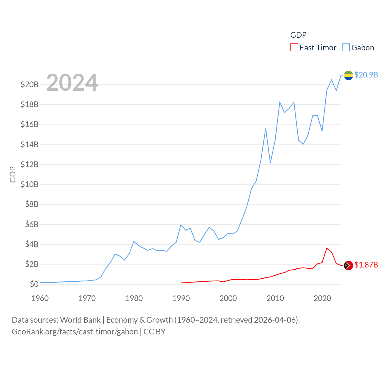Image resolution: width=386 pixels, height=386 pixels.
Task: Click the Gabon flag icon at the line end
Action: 348,75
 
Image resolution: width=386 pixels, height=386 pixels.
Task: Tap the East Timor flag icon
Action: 348,265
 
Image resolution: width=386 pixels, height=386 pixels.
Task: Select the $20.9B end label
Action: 366,75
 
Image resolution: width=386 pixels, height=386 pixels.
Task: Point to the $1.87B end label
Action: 366,265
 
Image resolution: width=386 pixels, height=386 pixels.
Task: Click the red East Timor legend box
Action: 294,48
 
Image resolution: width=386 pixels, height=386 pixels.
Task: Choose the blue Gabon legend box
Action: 346,48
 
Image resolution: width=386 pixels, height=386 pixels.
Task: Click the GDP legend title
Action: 298,35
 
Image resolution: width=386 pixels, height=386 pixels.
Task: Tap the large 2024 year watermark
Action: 72,83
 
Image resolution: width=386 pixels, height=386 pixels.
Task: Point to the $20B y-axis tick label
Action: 30,84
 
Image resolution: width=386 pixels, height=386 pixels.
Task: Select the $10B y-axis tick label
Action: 30,184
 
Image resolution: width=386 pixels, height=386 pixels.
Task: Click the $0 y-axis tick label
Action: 34,284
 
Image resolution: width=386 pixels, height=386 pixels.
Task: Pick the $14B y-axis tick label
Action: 30,144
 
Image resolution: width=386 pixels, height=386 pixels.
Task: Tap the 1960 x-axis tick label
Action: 40,299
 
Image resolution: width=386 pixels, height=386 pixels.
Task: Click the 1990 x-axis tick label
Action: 181,299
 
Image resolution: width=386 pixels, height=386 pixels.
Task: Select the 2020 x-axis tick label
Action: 322,299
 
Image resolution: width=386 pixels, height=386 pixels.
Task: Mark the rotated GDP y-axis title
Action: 13,174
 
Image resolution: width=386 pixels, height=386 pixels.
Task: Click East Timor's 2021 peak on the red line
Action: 327,248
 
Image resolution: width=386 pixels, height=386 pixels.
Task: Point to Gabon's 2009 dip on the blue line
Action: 271,163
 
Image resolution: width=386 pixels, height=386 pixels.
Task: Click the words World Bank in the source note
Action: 80,320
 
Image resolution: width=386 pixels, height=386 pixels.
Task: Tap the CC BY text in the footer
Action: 154,332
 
